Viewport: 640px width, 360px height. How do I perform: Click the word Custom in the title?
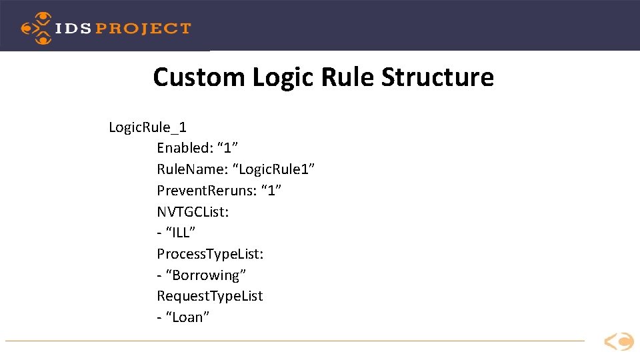pos(199,77)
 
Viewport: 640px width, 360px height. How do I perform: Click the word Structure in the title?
pos(437,77)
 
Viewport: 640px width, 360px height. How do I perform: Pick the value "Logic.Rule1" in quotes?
pos(275,169)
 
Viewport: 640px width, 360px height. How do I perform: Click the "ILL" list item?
pos(179,233)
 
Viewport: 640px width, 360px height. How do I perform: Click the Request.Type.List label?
pos(210,296)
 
